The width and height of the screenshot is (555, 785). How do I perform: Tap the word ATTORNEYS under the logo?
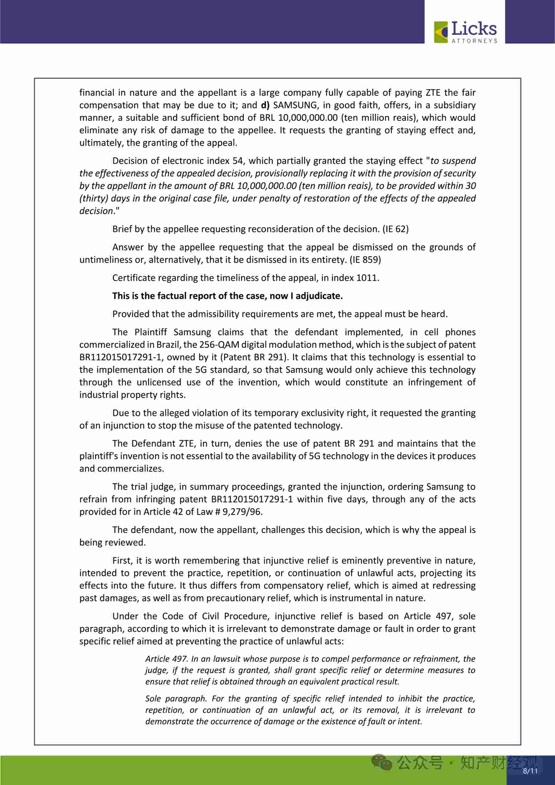(x=474, y=41)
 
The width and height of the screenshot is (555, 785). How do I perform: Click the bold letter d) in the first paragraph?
(x=265, y=105)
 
